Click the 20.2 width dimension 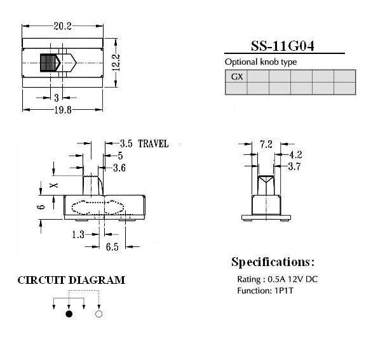[x=62, y=26]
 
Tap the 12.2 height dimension [x=116, y=62]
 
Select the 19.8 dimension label [x=63, y=110]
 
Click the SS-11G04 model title [x=283, y=46]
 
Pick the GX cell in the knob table [x=237, y=76]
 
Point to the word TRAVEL [x=153, y=144]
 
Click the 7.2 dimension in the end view [x=266, y=144]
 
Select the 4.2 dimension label [x=296, y=155]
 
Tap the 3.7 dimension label [x=294, y=166]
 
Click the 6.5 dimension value [x=112, y=247]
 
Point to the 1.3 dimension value [x=78, y=234]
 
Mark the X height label [x=54, y=185]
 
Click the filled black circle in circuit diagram [x=69, y=314]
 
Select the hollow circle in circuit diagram [x=98, y=314]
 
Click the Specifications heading [x=273, y=262]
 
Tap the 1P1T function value [x=284, y=291]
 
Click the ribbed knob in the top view [x=50, y=63]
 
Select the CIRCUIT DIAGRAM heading [x=71, y=280]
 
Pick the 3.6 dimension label [x=119, y=168]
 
